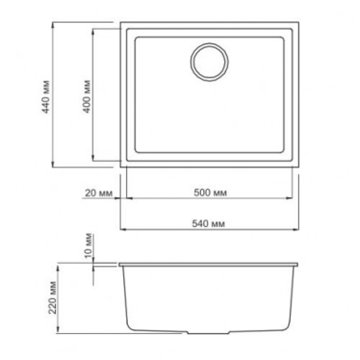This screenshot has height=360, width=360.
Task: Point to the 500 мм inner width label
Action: [210, 193]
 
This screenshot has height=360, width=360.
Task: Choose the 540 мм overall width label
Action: [210, 222]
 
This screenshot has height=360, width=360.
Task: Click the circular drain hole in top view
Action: [210, 61]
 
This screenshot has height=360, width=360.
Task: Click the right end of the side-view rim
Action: [301, 265]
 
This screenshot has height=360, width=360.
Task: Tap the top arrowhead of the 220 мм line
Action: [66, 265]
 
